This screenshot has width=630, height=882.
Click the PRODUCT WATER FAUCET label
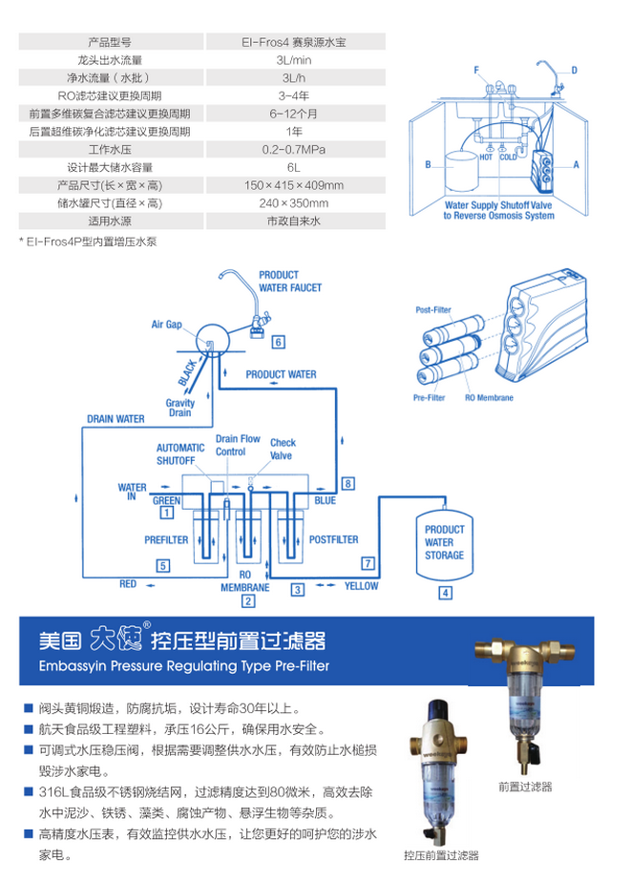290,281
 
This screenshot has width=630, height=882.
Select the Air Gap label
166,325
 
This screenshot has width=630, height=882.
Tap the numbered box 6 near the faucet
278,341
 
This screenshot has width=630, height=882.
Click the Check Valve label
283,448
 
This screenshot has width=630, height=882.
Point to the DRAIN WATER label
115,418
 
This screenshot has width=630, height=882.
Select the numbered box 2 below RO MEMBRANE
248,601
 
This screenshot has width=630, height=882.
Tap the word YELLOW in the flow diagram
361,586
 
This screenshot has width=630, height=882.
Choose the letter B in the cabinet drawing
428,164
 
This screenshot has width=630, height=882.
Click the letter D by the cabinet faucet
575,70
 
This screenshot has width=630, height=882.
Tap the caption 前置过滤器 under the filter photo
525,787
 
